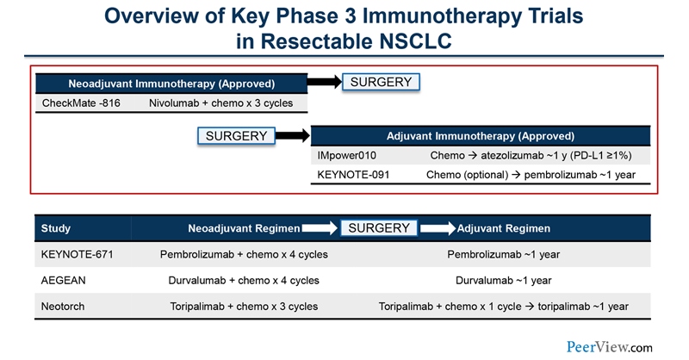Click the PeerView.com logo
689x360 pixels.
[610, 346]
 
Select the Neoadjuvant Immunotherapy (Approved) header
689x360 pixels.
[171, 84]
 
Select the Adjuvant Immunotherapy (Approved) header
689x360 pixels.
[481, 136]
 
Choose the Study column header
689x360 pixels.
[56, 228]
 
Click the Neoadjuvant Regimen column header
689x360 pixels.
[244, 228]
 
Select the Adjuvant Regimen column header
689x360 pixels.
[504, 228]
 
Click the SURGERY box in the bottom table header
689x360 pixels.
[380, 228]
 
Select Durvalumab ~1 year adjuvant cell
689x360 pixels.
[503, 281]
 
